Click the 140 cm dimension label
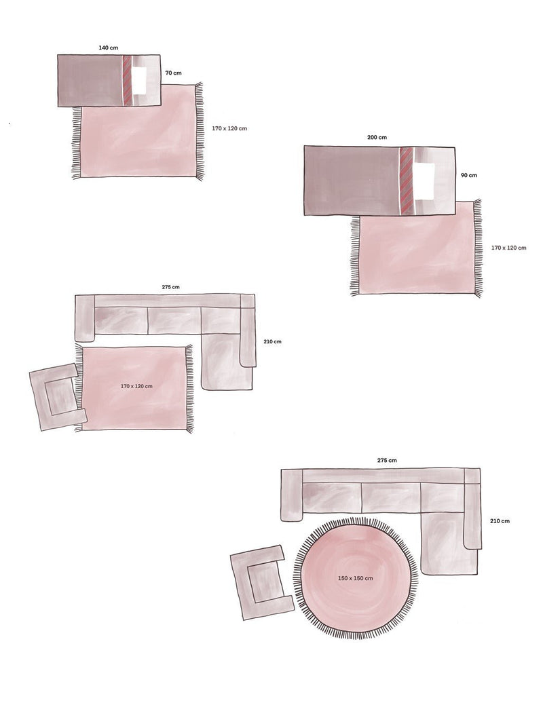pos(108,48)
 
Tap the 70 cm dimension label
pos(173,72)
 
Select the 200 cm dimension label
pos(377,138)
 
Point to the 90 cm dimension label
pos(468,175)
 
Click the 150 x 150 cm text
pos(356,578)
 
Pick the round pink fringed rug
pos(356,597)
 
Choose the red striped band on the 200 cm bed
pos(406,180)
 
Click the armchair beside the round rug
pos(261,581)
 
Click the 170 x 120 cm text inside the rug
pos(136,386)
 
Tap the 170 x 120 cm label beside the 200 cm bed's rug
pos(508,248)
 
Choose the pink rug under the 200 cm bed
pos(415,254)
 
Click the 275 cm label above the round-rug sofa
pos(387,460)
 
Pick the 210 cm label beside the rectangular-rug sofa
pos(272,342)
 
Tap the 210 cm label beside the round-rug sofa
pos(500,521)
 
